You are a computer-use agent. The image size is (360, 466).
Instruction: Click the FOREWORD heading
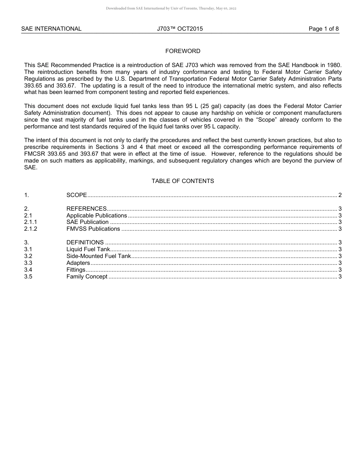(183, 51)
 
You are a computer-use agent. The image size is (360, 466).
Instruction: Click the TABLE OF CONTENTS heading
(183, 181)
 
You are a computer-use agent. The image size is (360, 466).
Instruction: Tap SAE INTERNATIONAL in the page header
(51, 29)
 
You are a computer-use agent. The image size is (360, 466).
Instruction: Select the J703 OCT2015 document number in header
(180, 29)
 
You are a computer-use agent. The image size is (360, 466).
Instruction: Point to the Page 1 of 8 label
(324, 29)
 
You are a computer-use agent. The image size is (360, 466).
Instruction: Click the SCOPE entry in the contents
(77, 195)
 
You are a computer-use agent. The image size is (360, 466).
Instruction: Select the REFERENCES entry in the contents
(86, 209)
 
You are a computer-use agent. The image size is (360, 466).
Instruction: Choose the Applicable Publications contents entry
(97, 216)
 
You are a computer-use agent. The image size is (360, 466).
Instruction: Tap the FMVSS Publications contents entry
(93, 229)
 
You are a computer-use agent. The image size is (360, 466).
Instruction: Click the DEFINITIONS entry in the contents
(85, 242)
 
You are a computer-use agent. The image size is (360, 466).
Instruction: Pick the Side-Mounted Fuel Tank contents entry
(99, 256)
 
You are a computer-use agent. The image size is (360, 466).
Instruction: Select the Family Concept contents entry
(87, 277)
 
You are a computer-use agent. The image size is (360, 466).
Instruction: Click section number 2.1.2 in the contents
(31, 229)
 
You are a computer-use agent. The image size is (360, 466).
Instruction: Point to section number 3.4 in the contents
(28, 270)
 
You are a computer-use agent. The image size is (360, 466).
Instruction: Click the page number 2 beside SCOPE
(340, 195)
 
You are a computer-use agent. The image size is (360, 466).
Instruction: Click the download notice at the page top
(171, 8)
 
